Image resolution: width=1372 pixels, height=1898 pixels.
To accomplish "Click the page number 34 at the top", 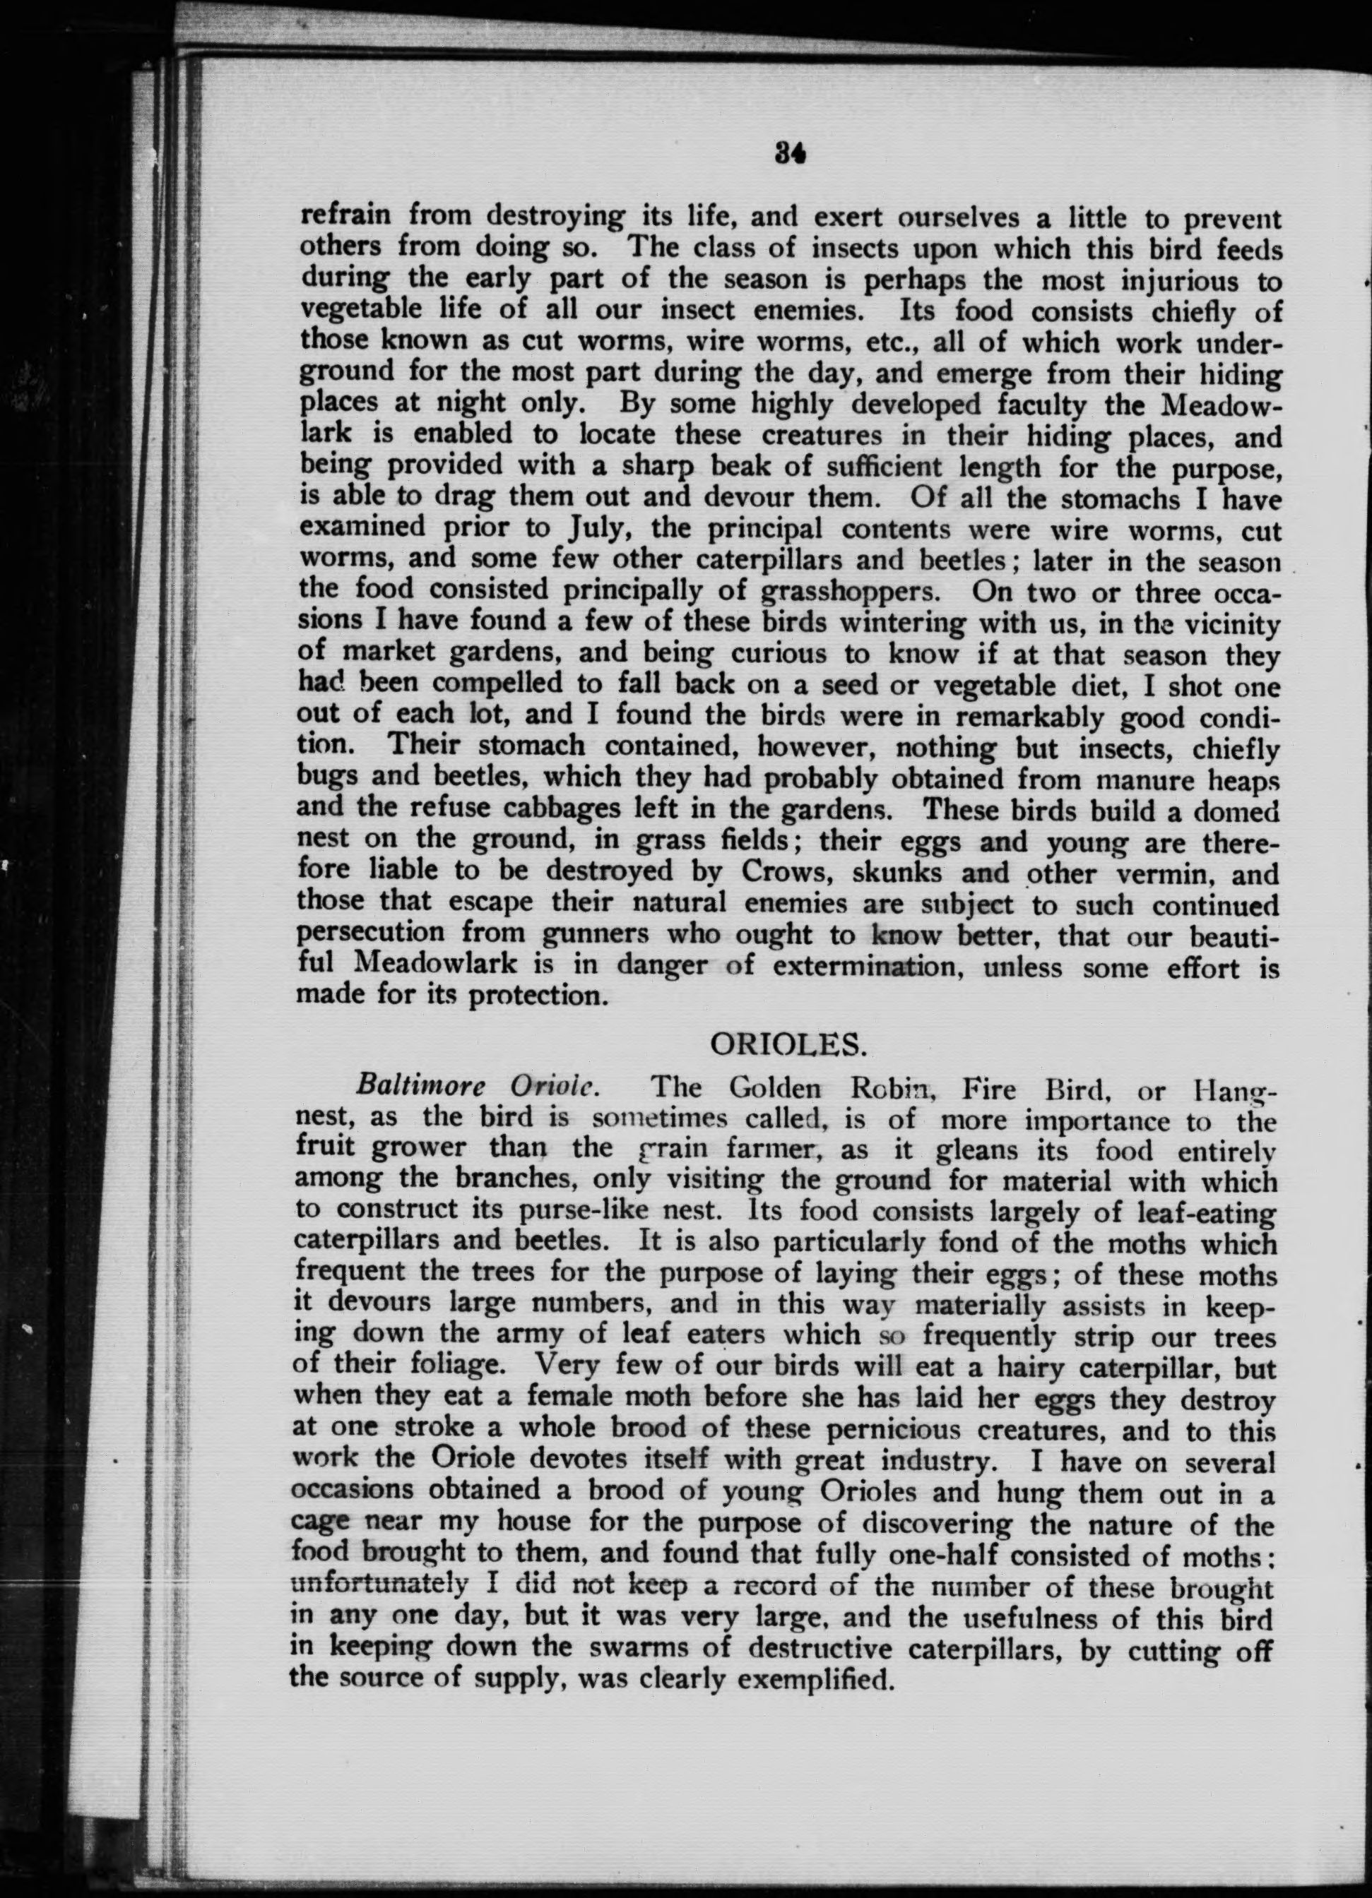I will click(x=791, y=153).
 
